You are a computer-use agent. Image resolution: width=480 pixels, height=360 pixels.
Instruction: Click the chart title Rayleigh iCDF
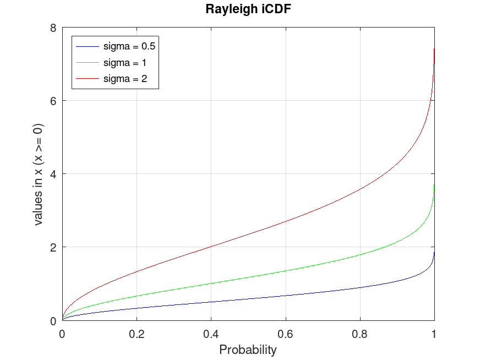point(248,9)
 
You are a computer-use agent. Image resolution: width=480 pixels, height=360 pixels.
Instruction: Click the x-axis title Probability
point(248,350)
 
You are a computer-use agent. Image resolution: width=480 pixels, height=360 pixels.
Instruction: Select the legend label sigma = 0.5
point(129,46)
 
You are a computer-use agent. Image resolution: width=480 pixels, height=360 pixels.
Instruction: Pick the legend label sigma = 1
point(125,63)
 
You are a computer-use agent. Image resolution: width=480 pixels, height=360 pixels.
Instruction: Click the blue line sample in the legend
point(88,46)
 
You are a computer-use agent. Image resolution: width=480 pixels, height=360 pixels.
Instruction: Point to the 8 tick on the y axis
point(53,28)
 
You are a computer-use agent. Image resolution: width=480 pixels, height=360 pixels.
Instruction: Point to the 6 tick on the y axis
point(53,101)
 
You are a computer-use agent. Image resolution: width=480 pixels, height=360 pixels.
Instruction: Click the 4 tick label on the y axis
point(53,174)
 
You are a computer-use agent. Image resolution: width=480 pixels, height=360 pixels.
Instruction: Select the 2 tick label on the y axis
point(53,247)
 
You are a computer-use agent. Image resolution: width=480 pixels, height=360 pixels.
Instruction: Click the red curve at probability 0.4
point(211,247)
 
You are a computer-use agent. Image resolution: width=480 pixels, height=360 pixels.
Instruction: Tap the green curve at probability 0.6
point(286,271)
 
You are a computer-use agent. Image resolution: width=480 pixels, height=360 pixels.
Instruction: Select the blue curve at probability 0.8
point(360,287)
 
